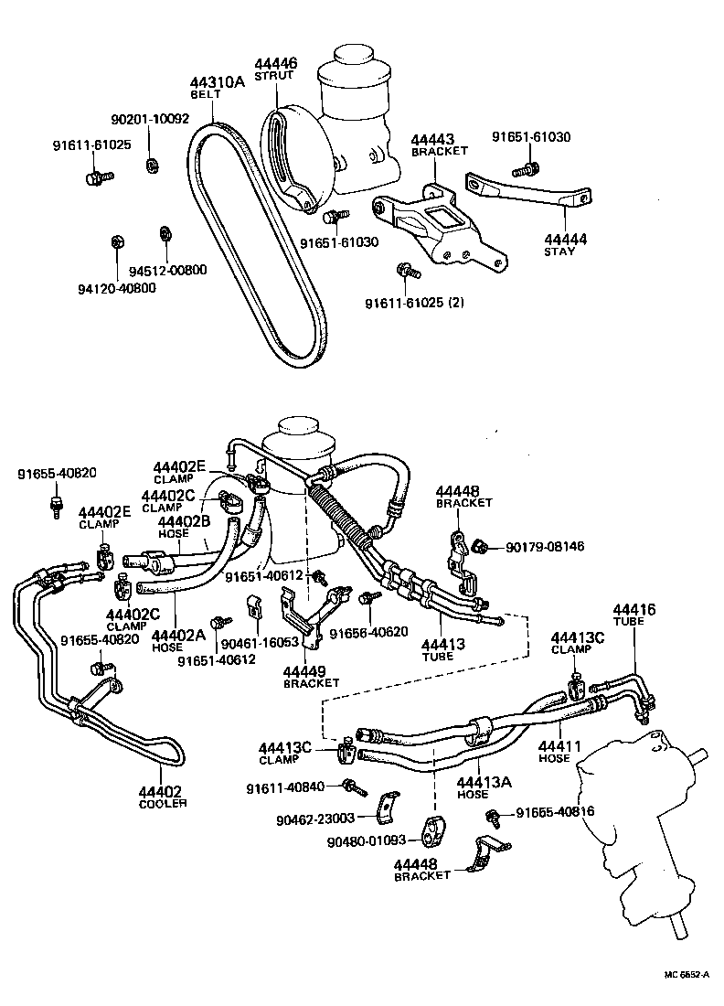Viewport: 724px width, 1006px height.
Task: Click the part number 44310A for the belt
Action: click(x=218, y=81)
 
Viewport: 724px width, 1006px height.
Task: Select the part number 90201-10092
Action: click(x=150, y=119)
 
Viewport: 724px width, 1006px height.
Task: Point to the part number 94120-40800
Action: click(x=118, y=287)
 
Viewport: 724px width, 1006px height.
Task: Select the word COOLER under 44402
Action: click(x=162, y=803)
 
